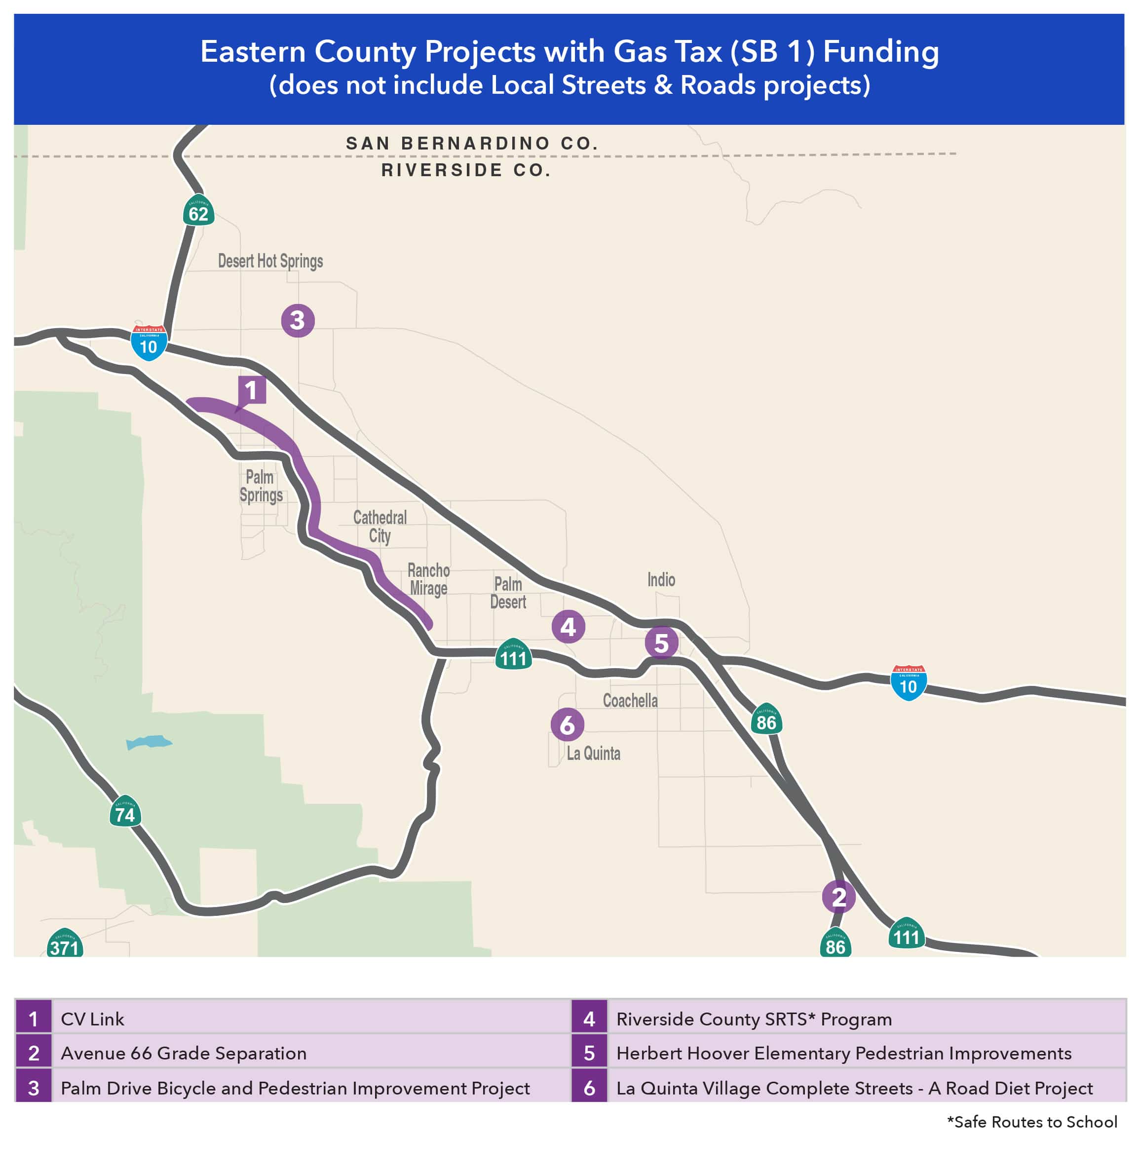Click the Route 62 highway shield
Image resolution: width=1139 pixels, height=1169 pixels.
[x=198, y=211]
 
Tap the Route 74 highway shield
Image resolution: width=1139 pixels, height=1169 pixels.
[x=125, y=811]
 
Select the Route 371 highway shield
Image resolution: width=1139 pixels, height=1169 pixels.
[x=65, y=943]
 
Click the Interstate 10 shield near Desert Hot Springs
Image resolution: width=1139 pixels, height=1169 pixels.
[x=149, y=343]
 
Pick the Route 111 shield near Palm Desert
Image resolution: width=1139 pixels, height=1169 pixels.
[x=513, y=655]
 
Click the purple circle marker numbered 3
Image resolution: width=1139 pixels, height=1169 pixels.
[x=297, y=321]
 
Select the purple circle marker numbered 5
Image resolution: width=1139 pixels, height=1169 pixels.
[x=661, y=642]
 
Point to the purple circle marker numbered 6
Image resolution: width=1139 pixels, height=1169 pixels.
[x=567, y=724]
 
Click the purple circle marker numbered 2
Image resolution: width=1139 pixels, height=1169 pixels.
[x=838, y=897]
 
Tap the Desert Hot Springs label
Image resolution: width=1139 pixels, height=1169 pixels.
[x=270, y=262]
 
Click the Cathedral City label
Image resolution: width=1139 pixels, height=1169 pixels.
[x=380, y=527]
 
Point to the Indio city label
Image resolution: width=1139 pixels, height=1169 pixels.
[x=661, y=580]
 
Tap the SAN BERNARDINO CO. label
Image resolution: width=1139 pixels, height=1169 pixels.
[x=472, y=144]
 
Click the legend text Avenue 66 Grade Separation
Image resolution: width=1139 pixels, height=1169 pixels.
[x=184, y=1054]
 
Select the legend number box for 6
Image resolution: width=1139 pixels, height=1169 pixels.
[x=589, y=1088]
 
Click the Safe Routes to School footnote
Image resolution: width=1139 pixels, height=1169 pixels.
[x=1032, y=1122]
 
